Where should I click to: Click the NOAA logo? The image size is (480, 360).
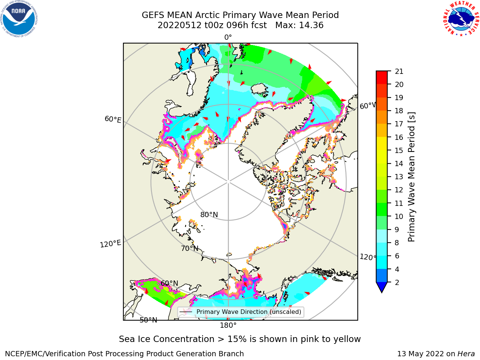pos(19,19)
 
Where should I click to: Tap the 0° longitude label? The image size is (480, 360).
pos(228,37)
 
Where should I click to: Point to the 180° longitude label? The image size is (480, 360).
pos(228,325)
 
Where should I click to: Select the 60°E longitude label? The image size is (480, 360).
pos(113,119)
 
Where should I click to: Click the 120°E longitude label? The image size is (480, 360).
pos(110,243)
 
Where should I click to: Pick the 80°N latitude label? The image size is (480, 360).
pos(209,214)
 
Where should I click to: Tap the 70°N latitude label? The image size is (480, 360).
pos(190,248)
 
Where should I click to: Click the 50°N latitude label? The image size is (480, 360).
pos(148,320)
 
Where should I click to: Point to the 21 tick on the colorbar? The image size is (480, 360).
pos(399,71)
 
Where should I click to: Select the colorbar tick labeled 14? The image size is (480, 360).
pos(399,163)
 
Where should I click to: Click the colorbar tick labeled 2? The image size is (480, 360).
pos(397,282)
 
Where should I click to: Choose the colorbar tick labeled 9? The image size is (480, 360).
pos(397,229)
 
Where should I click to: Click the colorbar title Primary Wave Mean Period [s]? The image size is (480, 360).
pos(411,177)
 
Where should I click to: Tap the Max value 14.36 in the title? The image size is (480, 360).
pos(311,25)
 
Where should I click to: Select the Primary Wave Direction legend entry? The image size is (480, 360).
pos(240,312)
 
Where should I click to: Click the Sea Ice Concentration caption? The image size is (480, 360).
pos(240,339)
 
